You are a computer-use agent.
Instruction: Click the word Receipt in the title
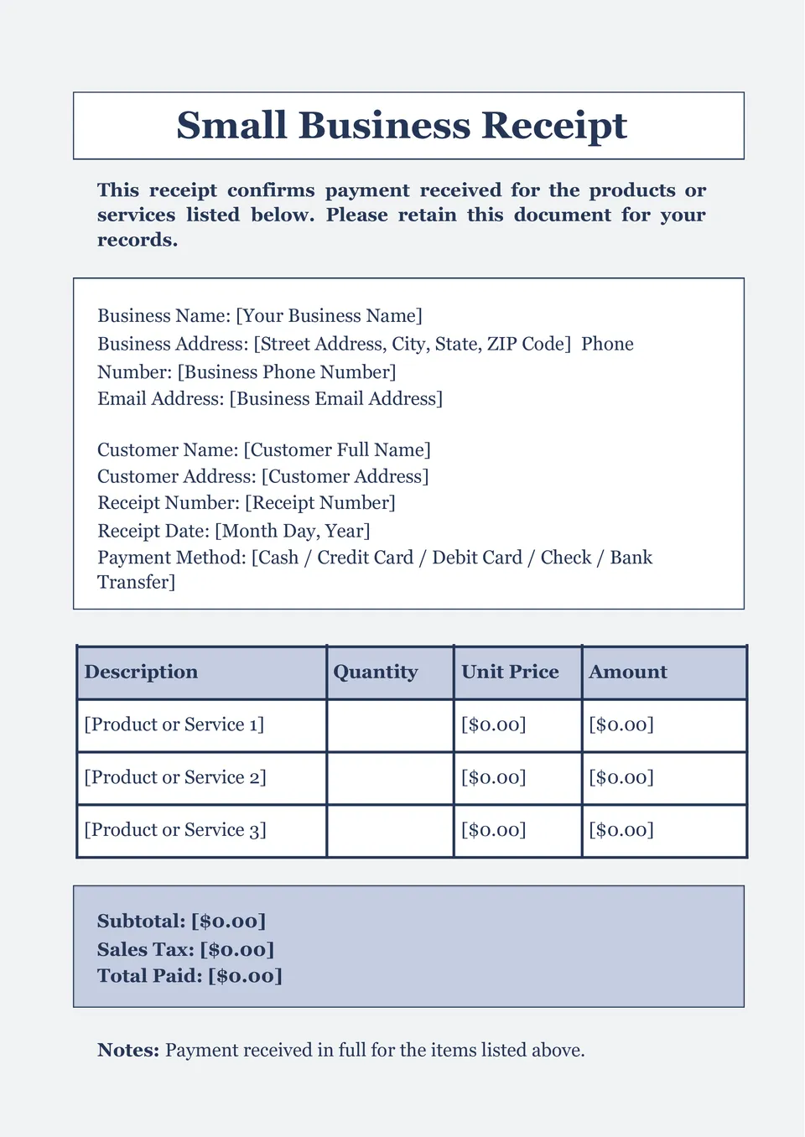[554, 126]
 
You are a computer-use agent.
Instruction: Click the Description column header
[141, 672]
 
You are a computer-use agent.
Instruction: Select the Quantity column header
[375, 672]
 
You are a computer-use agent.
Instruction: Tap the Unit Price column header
[510, 672]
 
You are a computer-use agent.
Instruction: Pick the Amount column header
[628, 672]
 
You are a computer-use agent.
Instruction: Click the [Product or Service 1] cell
[174, 724]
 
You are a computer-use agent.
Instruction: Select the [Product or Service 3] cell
[175, 830]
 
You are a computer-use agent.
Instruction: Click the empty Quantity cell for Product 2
[390, 778]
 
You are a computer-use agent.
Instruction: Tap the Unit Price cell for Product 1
[494, 724]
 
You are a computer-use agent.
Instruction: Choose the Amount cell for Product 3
[621, 830]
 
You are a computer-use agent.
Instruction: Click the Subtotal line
[181, 921]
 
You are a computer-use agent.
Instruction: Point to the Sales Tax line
[185, 949]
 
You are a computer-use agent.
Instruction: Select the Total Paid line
[190, 976]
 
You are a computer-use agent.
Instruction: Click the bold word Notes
[127, 1050]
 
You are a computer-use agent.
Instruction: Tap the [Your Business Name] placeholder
[329, 316]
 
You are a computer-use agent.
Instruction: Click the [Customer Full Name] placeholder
[337, 450]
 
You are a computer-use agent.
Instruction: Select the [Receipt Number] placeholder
[319, 503]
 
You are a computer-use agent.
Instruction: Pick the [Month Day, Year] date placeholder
[292, 531]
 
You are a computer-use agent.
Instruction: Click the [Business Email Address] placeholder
[335, 398]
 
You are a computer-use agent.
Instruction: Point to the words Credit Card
[365, 558]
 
